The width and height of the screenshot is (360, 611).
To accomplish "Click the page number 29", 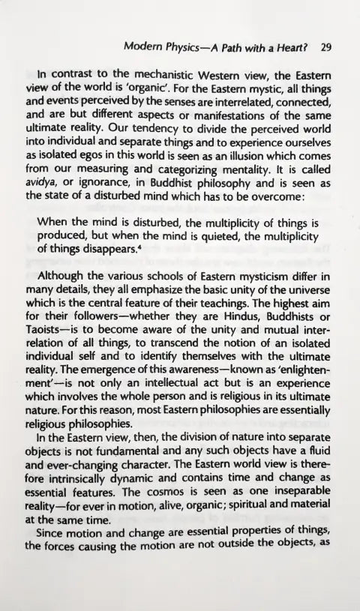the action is click(325, 45).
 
